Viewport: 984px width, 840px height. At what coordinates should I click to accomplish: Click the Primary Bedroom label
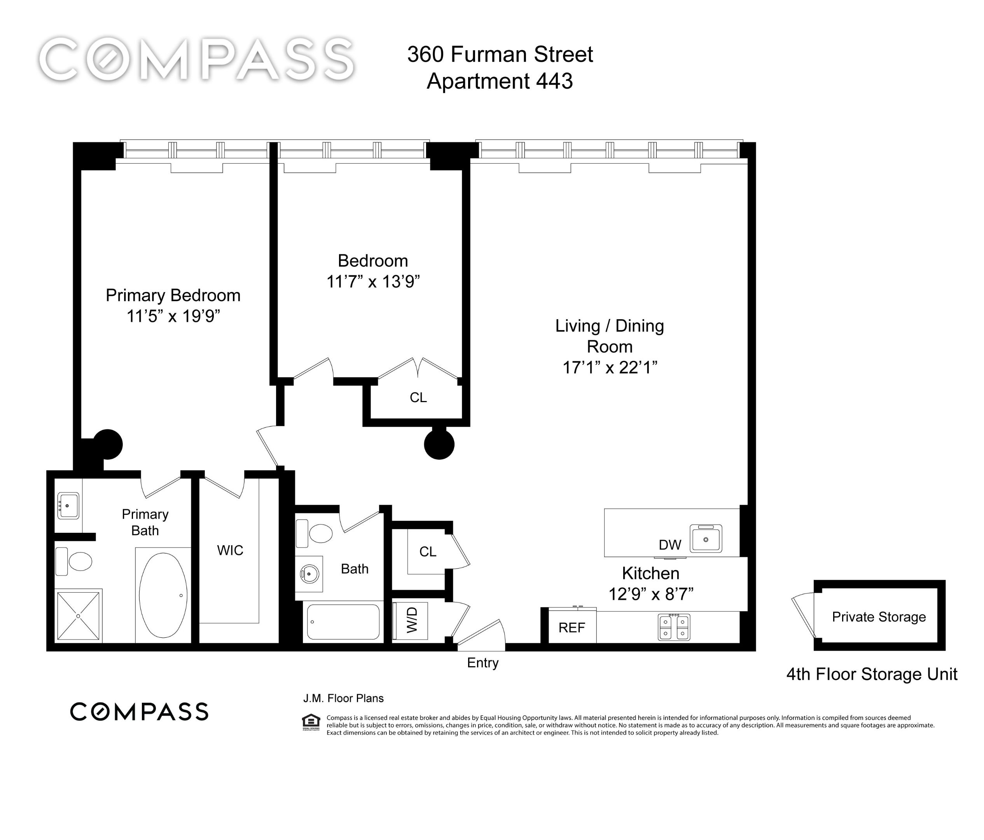pyautogui.click(x=173, y=296)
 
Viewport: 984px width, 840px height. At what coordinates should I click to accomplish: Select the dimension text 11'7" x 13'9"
pyautogui.click(x=373, y=282)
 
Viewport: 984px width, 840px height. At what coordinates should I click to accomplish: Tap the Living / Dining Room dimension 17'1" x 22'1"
pyautogui.click(x=609, y=367)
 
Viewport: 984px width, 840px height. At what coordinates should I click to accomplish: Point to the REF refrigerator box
pyautogui.click(x=571, y=628)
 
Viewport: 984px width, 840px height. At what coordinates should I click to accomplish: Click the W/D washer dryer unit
pyautogui.click(x=411, y=620)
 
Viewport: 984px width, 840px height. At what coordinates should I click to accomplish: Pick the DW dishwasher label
pyautogui.click(x=669, y=545)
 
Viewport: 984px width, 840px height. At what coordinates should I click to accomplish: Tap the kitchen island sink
pyautogui.click(x=706, y=538)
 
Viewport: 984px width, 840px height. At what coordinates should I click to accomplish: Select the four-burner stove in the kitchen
pyautogui.click(x=674, y=627)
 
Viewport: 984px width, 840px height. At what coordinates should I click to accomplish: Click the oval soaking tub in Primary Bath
pyautogui.click(x=163, y=595)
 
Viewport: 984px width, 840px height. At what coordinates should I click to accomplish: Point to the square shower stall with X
pyautogui.click(x=79, y=615)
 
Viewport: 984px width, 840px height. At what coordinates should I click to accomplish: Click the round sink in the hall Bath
pyautogui.click(x=309, y=574)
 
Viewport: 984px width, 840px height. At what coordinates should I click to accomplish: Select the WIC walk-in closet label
pyautogui.click(x=230, y=550)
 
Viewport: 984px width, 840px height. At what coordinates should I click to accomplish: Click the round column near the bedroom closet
pyautogui.click(x=439, y=444)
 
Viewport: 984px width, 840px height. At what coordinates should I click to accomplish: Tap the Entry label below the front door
pyautogui.click(x=482, y=663)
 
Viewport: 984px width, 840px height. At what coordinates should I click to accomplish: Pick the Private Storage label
pyautogui.click(x=879, y=617)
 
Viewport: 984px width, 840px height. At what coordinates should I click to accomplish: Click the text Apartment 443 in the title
pyautogui.click(x=500, y=81)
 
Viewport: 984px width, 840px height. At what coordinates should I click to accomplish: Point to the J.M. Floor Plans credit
pyautogui.click(x=343, y=698)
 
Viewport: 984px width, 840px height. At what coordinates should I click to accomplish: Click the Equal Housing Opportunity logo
pyautogui.click(x=311, y=722)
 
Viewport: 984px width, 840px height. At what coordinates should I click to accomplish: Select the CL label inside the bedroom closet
pyautogui.click(x=418, y=397)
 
